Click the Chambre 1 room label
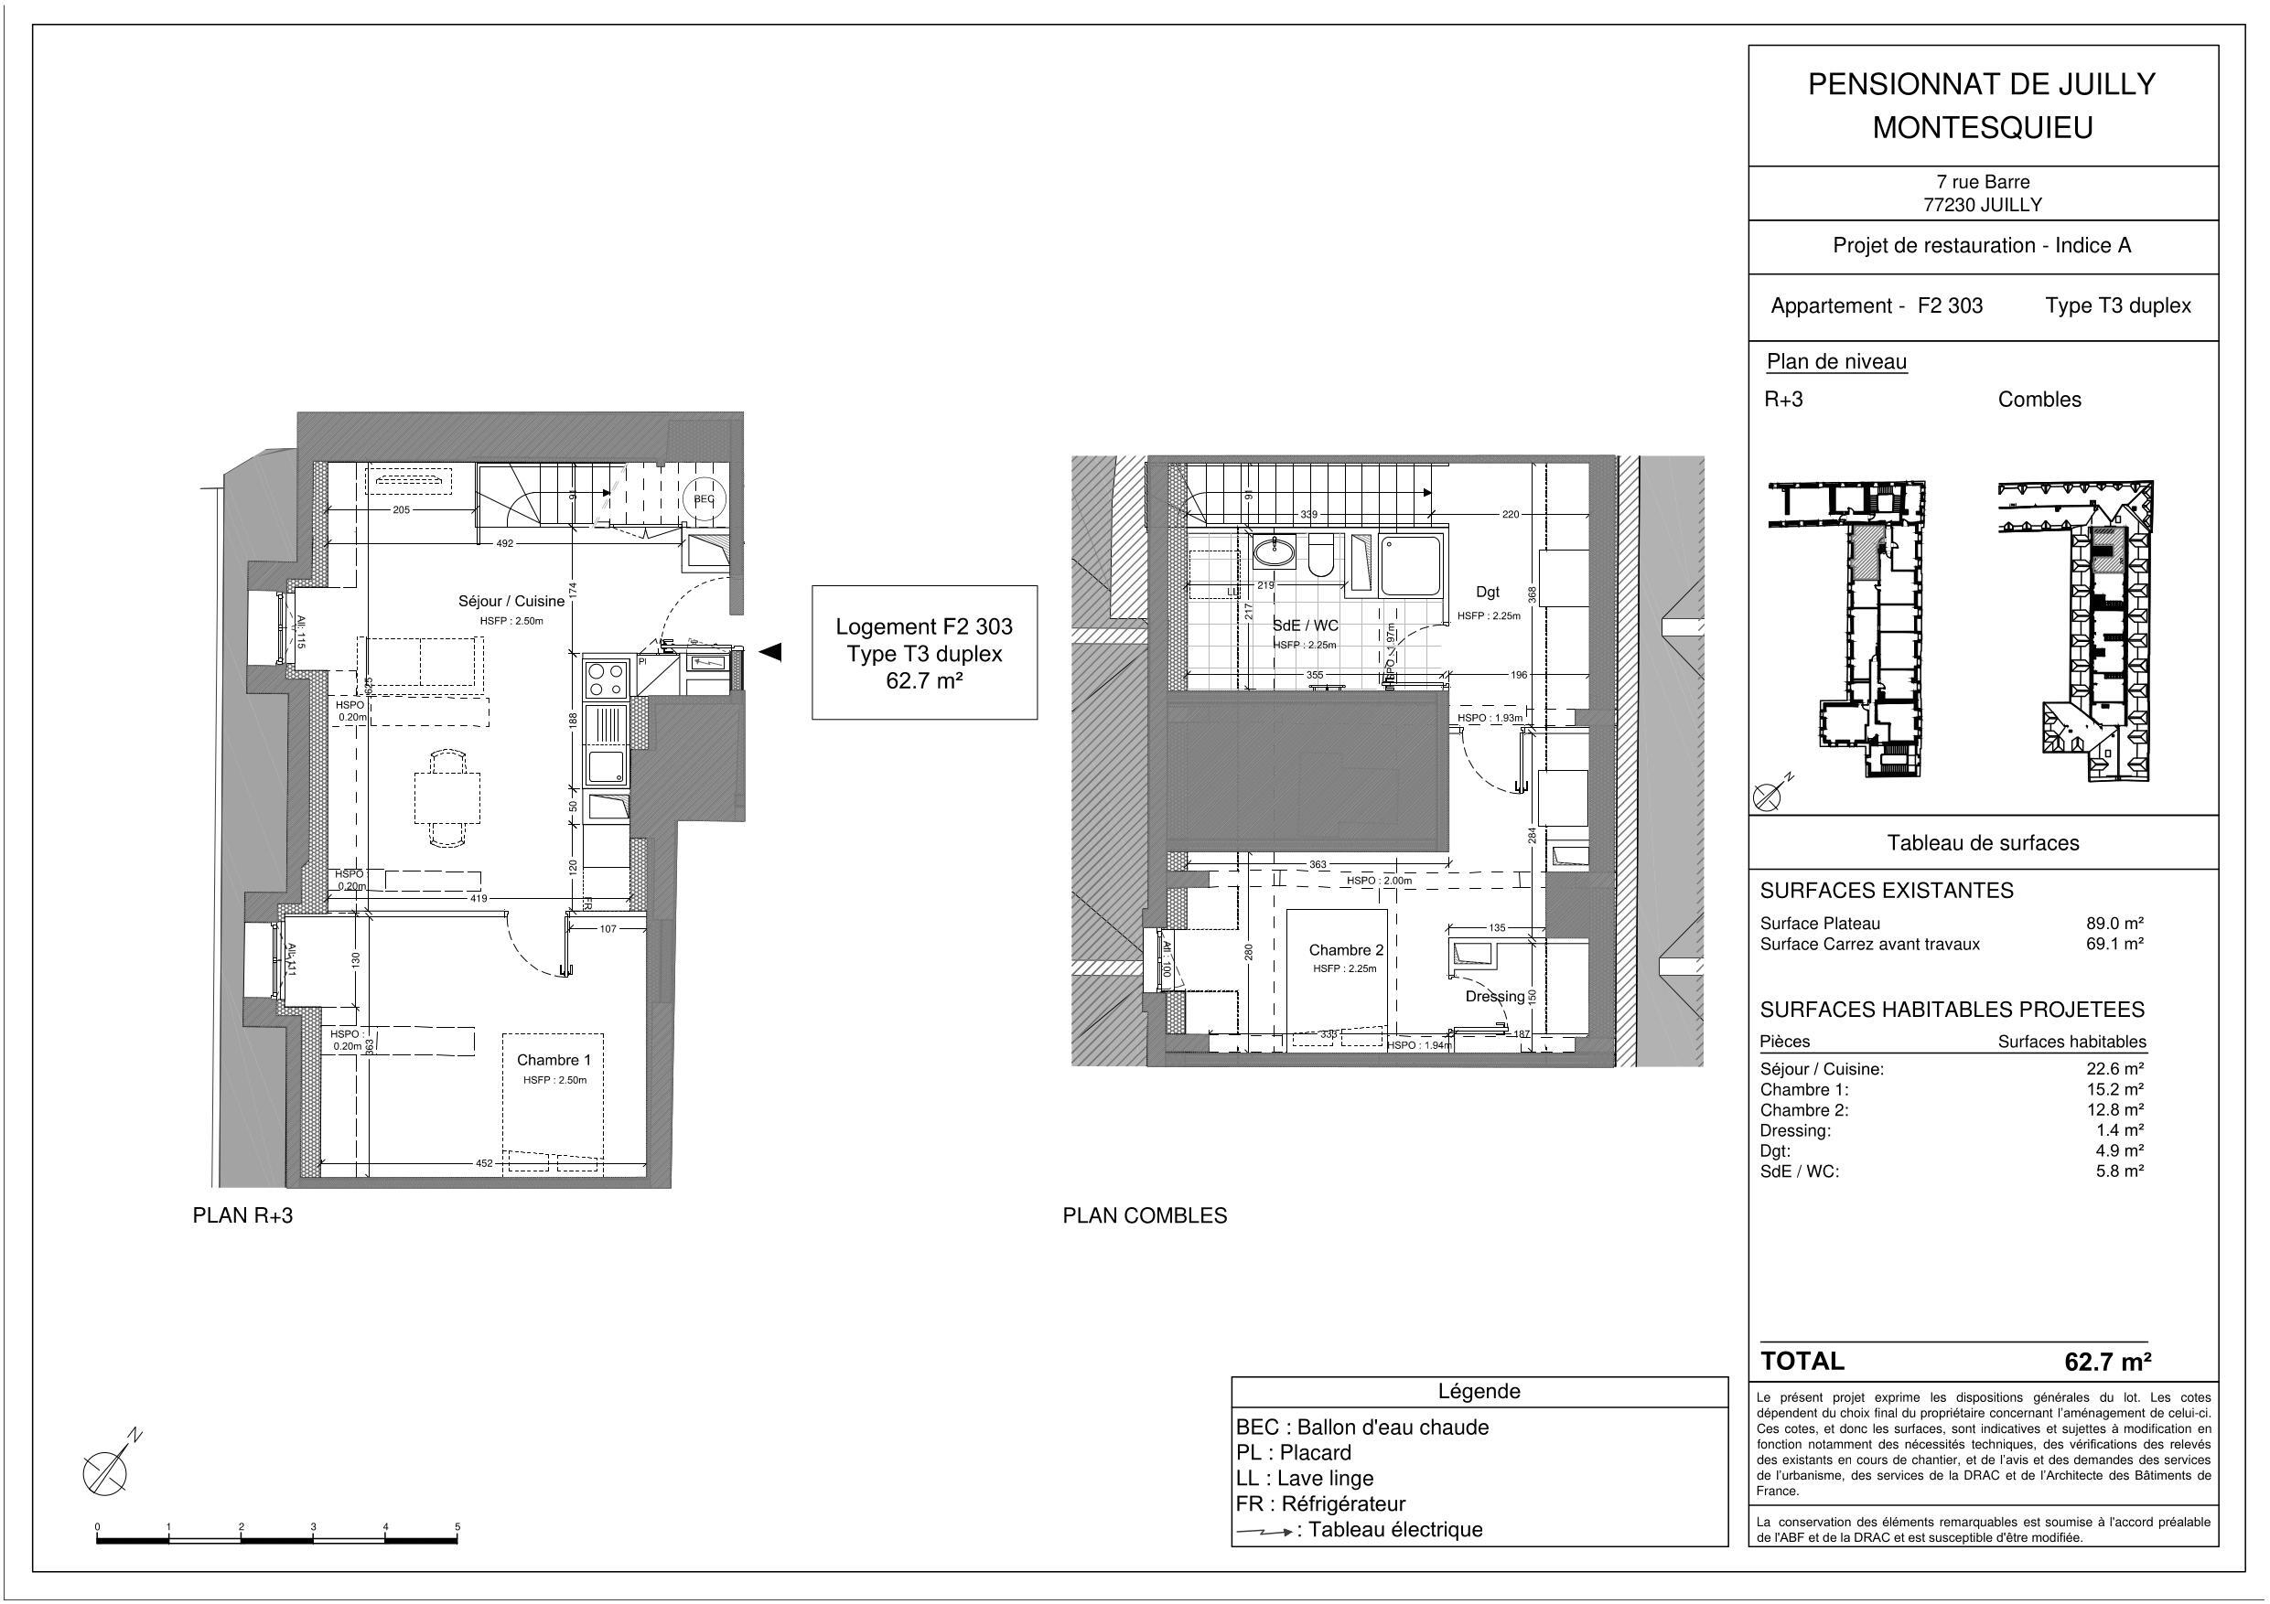coord(554,1060)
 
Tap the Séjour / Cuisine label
coord(511,601)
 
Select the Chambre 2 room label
coord(1346,950)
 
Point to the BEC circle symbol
coord(704,499)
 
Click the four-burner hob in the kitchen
coord(605,678)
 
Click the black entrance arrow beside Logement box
coord(770,651)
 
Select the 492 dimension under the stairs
coord(504,542)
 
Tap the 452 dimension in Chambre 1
coord(483,1163)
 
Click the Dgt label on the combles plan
coord(1487,592)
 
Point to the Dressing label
coord(1494,996)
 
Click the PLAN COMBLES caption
coord(1144,1215)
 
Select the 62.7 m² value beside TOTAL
coord(2107,1362)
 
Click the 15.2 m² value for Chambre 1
coord(2119,1089)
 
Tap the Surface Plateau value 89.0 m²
coord(2114,923)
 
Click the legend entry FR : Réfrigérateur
coord(1320,1503)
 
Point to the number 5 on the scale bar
coord(457,1527)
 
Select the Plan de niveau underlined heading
coord(1836,362)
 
